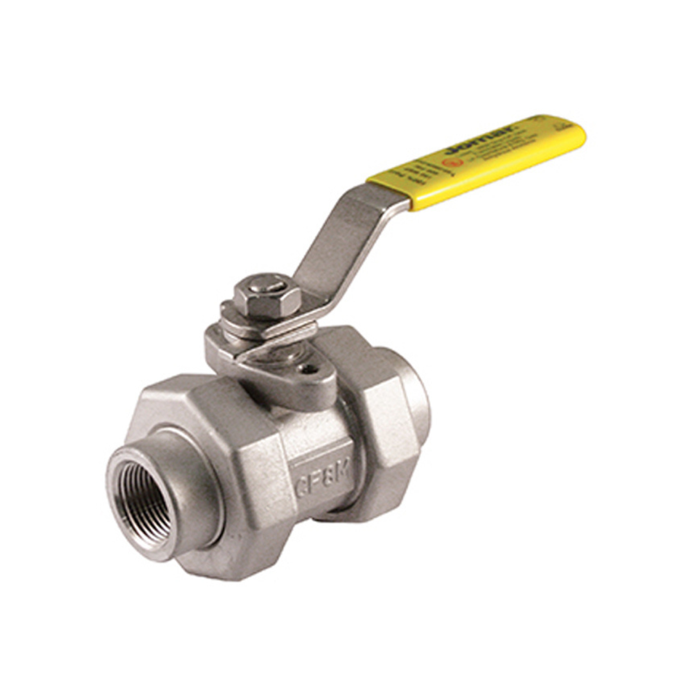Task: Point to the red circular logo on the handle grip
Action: pyautogui.click(x=452, y=163)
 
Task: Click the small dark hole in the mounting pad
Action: pyautogui.click(x=312, y=369)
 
